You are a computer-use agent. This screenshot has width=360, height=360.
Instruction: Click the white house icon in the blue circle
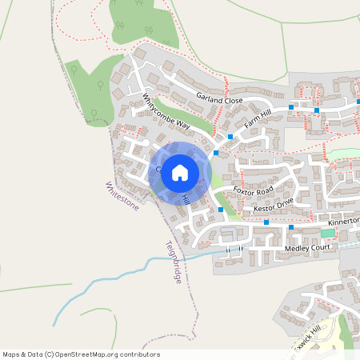tap(179, 172)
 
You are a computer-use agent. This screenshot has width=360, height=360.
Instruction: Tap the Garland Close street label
tap(219, 100)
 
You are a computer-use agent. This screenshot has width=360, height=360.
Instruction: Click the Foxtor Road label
tap(253, 190)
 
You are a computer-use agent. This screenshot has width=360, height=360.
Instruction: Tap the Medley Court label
tap(308, 250)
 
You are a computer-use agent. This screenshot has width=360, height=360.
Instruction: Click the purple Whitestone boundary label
tap(122, 196)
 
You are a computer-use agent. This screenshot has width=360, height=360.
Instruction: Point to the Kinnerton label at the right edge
tap(343, 218)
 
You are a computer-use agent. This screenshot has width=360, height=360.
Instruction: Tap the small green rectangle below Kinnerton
tap(326, 233)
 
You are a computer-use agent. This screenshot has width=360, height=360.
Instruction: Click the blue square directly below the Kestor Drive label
tap(266, 222)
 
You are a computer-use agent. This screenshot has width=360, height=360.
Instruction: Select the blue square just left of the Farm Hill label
tap(230, 137)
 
